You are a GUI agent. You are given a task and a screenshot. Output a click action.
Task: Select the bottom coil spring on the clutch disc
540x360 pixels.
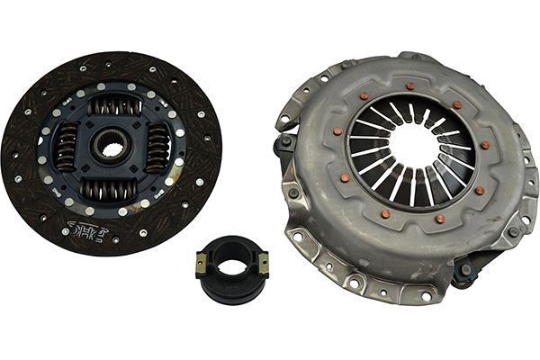pyautogui.click(x=108, y=188)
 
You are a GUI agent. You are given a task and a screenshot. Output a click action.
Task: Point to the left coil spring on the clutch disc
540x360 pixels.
pyautogui.click(x=67, y=148)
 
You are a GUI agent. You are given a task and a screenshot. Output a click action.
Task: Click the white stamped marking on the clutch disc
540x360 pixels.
pyautogui.click(x=88, y=233)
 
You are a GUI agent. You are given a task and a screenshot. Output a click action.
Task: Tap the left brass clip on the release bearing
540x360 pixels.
pyautogui.click(x=201, y=263)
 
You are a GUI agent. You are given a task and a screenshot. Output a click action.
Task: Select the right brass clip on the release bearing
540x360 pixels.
pyautogui.click(x=263, y=263)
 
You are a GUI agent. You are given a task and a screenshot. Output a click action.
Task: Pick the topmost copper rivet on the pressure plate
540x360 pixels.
pyautogui.click(x=410, y=85)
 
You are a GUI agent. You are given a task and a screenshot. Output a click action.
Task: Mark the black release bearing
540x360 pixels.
pyautogui.click(x=231, y=268)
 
